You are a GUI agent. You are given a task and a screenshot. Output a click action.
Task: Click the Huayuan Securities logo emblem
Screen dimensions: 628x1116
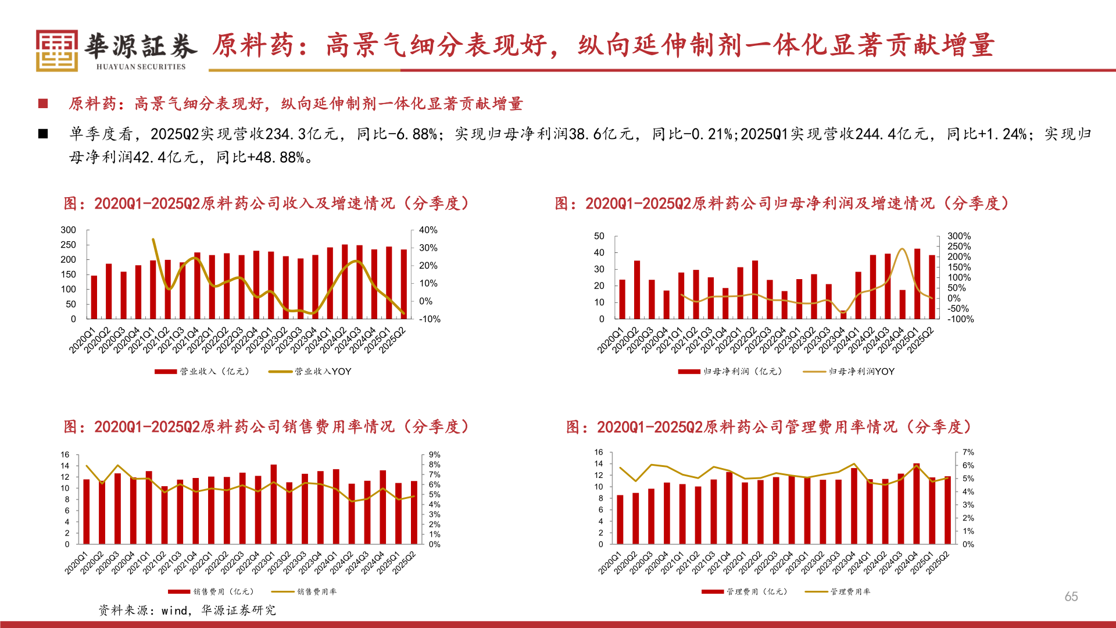click(x=56, y=51)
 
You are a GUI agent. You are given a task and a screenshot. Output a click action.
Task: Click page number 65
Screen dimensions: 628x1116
click(x=1071, y=597)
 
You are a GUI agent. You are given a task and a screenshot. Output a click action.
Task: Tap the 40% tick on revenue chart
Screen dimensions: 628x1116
click(x=428, y=230)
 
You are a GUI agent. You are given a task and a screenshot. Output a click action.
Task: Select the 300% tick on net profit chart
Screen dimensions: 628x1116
click(x=958, y=236)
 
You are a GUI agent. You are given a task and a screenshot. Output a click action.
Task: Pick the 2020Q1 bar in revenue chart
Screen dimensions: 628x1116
click(x=94, y=297)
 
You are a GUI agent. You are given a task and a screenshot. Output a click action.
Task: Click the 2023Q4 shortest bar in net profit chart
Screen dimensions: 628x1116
click(x=843, y=315)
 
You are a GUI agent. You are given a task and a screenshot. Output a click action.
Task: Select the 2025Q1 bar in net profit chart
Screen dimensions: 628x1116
click(x=917, y=283)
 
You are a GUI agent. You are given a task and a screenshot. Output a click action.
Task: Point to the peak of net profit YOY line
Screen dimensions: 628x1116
click(x=902, y=249)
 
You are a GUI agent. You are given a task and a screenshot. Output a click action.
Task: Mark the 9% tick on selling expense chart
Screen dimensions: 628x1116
click(x=434, y=455)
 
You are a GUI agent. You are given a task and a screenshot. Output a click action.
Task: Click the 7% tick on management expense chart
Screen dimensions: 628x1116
click(x=968, y=452)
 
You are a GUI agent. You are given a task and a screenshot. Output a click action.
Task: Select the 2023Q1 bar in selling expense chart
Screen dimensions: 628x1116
click(x=274, y=504)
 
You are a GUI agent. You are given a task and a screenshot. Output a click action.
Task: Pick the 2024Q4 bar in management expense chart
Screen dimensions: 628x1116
click(x=917, y=504)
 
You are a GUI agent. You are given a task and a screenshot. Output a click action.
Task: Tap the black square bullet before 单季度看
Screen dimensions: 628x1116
click(x=43, y=134)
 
